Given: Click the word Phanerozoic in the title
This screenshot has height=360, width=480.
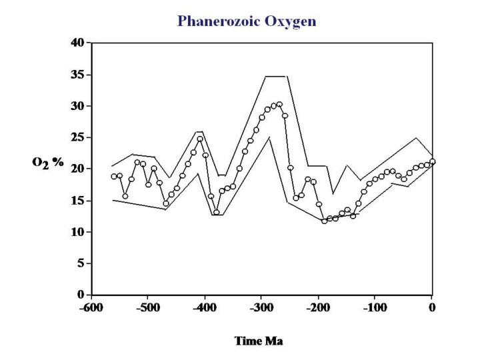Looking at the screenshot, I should (x=214, y=21).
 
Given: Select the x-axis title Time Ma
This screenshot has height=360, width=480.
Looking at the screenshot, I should (x=259, y=341).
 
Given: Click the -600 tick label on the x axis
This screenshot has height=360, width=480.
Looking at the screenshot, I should (x=92, y=308).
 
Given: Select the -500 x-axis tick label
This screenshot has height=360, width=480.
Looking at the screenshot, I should (x=149, y=308).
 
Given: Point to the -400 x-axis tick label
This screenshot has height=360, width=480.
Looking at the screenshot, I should (x=205, y=308).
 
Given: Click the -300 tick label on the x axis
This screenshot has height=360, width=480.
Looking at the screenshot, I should (x=262, y=308).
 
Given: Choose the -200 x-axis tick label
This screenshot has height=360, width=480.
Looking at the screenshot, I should (x=319, y=308).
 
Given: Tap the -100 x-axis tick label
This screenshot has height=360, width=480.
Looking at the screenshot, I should (x=375, y=308).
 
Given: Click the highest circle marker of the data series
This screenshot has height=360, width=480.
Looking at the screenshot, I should (x=279, y=104).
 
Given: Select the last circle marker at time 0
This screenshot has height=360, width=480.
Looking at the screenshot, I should (x=433, y=161).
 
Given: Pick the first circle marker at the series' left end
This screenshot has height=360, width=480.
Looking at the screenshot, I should (x=113, y=177).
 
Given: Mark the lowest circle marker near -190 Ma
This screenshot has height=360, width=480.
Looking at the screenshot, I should (x=325, y=221).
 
